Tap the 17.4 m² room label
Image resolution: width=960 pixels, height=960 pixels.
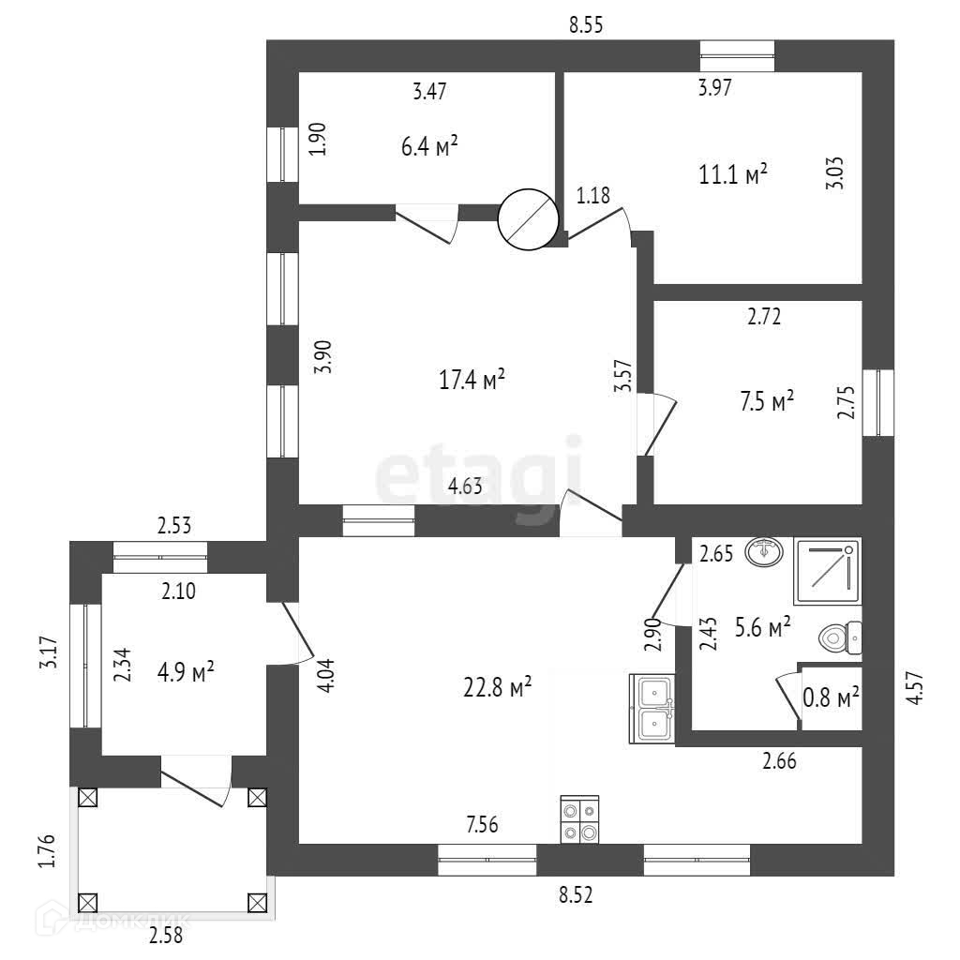tap(472, 380)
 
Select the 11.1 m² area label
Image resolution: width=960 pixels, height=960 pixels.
tap(734, 173)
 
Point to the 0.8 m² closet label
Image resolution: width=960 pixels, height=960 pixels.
tap(832, 697)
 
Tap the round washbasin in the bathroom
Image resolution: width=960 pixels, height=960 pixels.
tap(766, 552)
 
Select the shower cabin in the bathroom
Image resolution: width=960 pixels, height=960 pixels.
tap(827, 572)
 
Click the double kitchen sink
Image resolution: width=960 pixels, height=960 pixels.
tap(652, 709)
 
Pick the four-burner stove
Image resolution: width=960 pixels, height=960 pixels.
tap(579, 820)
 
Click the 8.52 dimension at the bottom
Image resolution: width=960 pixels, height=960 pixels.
tap(576, 895)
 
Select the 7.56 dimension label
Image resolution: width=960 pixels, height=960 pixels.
tap(482, 825)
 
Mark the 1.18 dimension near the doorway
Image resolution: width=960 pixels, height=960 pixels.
tap(592, 196)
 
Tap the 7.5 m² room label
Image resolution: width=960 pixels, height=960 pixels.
tap(767, 402)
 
